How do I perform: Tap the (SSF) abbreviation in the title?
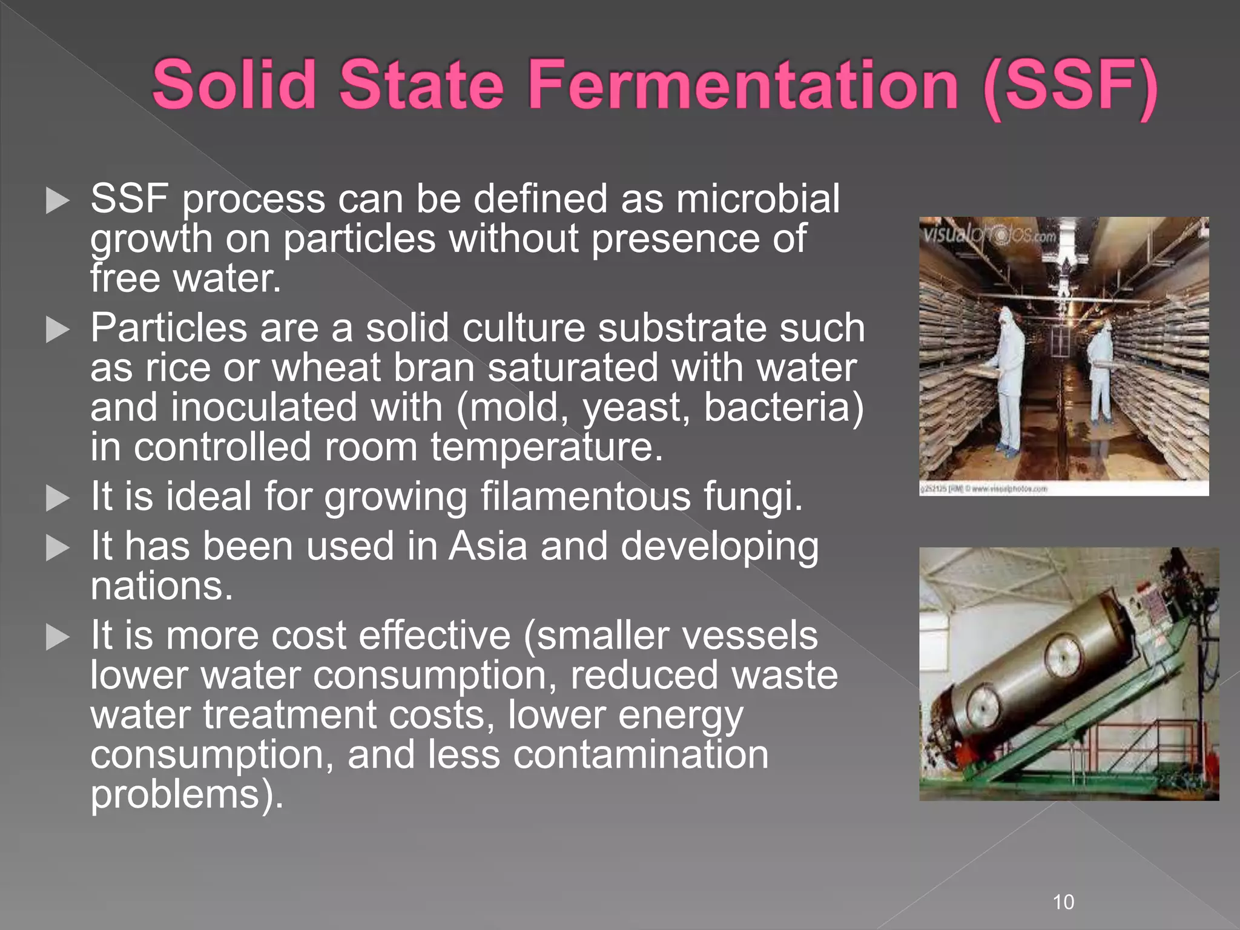point(1070,86)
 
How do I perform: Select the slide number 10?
point(1064,902)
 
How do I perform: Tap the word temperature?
point(547,447)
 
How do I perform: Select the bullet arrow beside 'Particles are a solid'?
point(58,330)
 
